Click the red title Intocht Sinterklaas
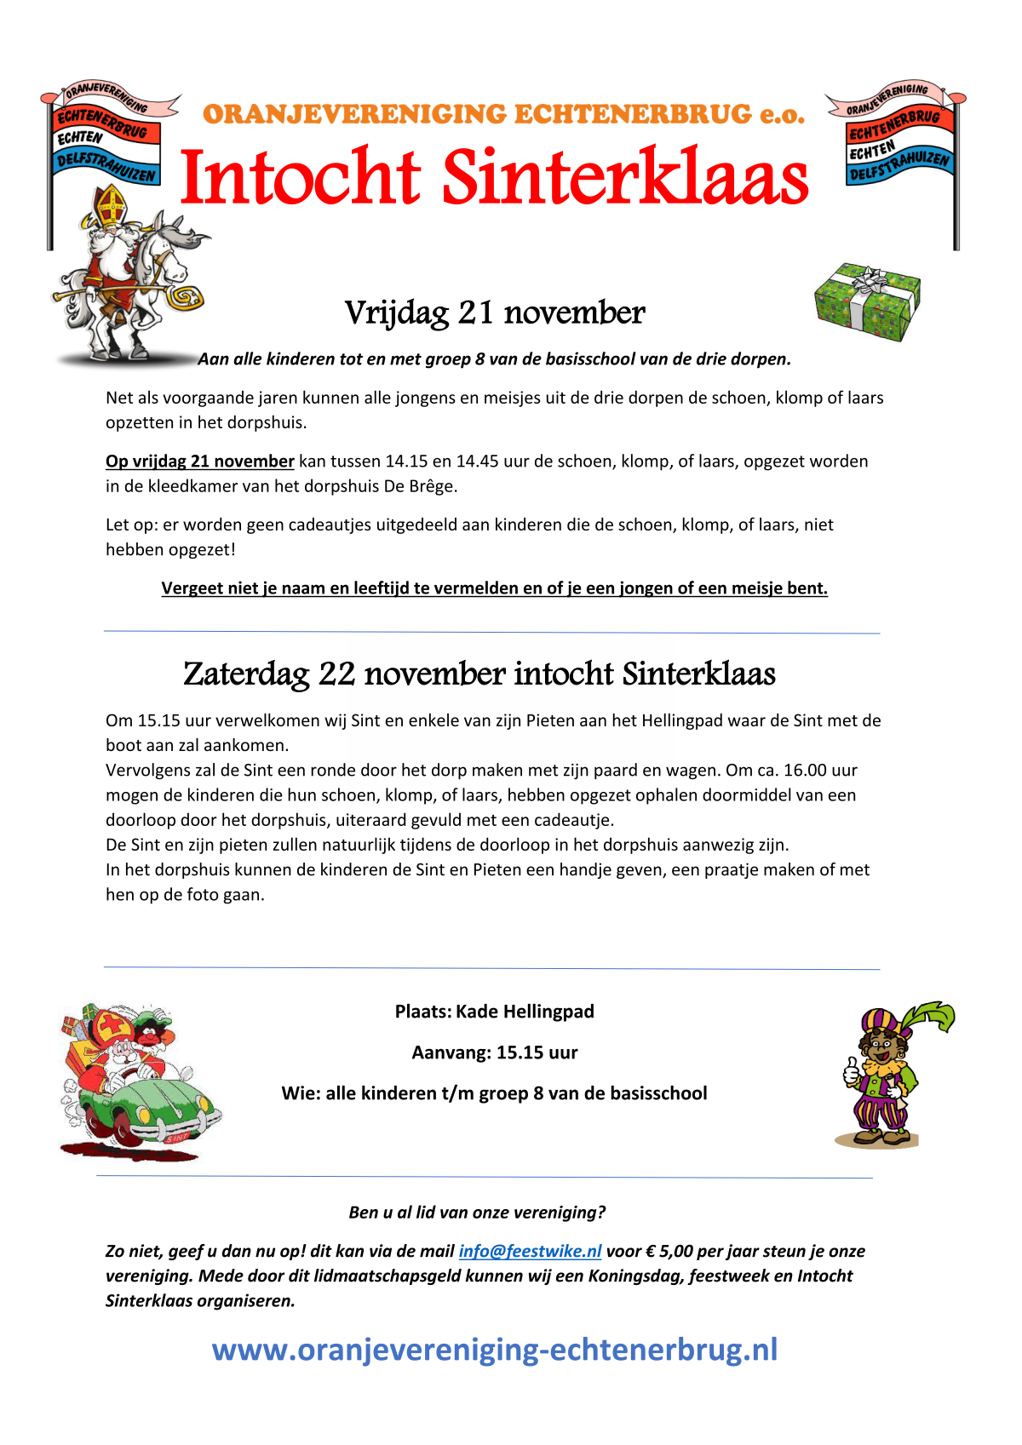point(494,177)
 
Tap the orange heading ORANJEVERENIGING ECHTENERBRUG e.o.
point(503,114)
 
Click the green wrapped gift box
point(867,301)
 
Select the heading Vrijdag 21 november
point(494,313)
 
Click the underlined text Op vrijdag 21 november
point(199,462)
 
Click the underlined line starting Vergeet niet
point(494,588)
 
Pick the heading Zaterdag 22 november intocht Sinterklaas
point(479,674)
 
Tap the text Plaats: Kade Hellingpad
point(494,1012)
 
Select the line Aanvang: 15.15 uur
point(494,1052)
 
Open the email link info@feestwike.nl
point(530,1251)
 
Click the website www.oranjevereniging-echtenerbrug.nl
point(494,1350)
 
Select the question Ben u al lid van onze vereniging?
point(477,1213)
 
